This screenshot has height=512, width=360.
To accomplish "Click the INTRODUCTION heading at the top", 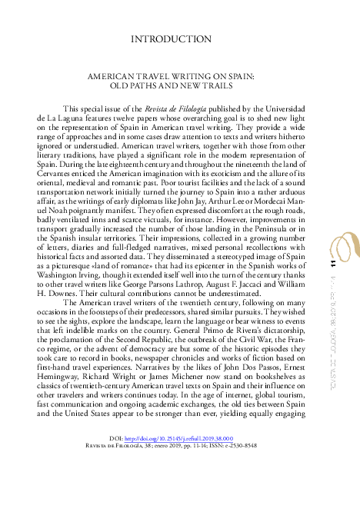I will pyautogui.click(x=171, y=38).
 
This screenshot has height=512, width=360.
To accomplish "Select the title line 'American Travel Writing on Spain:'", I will pyautogui.click(x=171, y=78).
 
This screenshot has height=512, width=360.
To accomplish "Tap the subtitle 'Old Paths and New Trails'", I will pyautogui.click(x=171, y=87).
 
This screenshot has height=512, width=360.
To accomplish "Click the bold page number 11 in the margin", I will pyautogui.click(x=334, y=264).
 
